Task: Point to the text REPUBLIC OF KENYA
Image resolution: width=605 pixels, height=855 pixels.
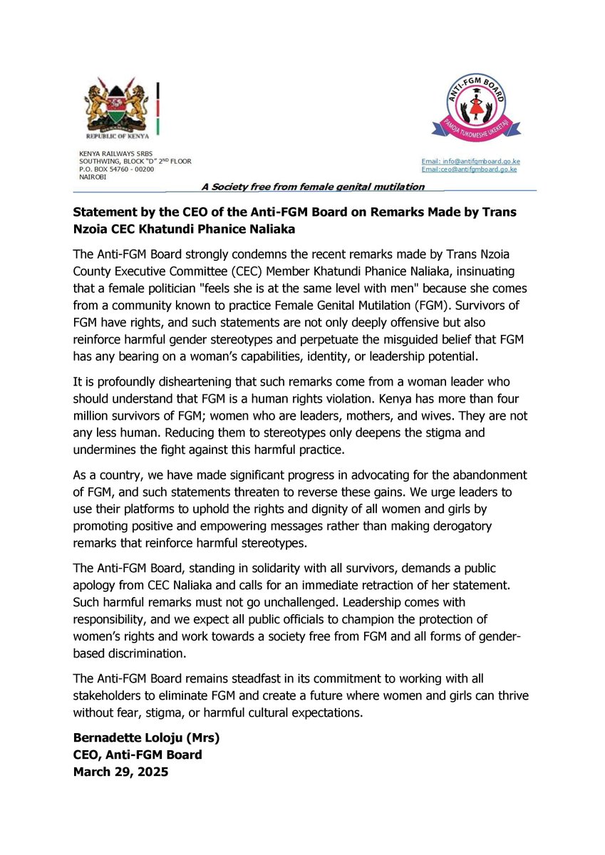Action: click(117, 134)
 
